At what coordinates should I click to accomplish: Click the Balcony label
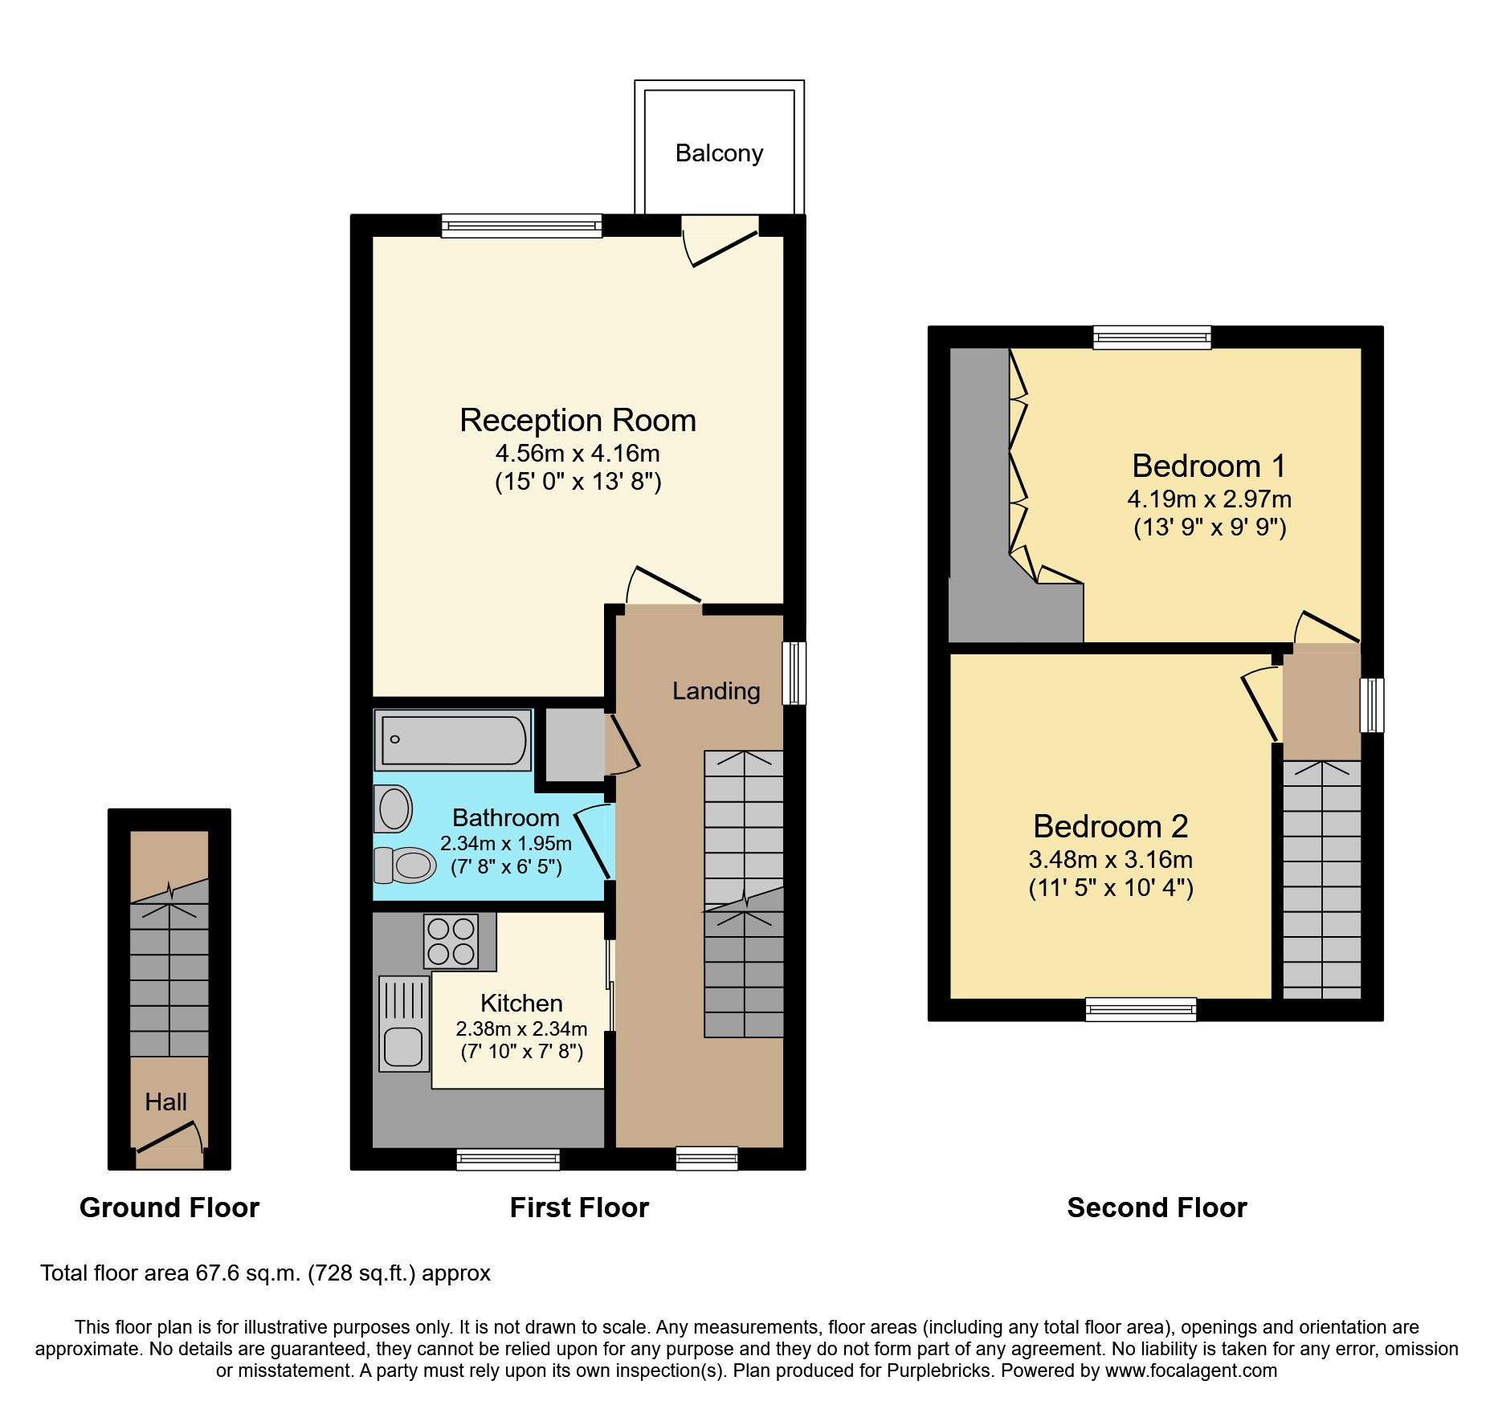pos(719,153)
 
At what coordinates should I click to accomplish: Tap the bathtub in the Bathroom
pos(454,739)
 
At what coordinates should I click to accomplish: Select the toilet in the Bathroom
pos(406,865)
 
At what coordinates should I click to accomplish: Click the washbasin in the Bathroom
pos(394,808)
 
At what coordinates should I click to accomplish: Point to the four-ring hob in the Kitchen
pos(451,941)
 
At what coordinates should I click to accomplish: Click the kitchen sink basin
pos(403,1046)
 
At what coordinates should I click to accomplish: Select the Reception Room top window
pos(521,226)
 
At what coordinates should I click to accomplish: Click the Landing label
pos(716,691)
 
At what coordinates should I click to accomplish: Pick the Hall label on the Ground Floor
pos(165,1102)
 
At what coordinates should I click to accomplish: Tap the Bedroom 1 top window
pos(1151,337)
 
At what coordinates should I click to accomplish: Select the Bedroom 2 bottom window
pos(1140,1009)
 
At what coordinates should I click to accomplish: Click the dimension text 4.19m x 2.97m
pos(1209,499)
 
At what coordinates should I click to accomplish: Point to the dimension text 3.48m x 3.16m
pos(1110,860)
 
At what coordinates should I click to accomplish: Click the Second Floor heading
pos(1156,1208)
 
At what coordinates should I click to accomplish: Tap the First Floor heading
pos(579,1208)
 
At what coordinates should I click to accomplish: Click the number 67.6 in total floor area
pos(218,1273)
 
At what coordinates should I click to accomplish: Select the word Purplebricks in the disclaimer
pos(939,1370)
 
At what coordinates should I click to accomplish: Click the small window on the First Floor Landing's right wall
pos(794,673)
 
